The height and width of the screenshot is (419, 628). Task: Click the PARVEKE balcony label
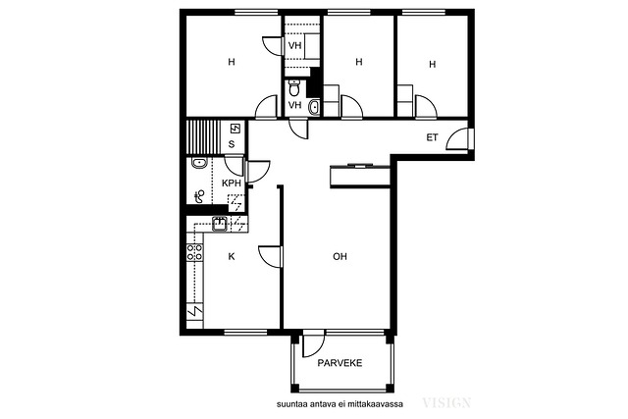coord(340,363)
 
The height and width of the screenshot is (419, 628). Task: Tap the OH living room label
coord(340,256)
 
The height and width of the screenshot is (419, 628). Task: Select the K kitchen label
coord(232,256)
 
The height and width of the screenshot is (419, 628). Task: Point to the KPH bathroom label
coord(232,183)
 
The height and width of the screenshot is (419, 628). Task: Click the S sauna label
coord(232,144)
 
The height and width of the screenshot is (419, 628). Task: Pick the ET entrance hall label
coord(432,137)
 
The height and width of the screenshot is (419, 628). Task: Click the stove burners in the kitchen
coord(195,252)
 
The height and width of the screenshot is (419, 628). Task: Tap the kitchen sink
coord(220,224)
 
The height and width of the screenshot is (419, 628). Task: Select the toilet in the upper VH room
coord(294,87)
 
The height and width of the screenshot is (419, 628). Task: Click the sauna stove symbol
coord(235,129)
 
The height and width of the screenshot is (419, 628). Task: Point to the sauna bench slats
coord(203,136)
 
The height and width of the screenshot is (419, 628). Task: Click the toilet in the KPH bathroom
coord(199,196)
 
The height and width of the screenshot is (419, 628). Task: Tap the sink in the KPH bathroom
coord(199,163)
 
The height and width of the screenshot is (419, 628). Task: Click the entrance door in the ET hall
coord(458,138)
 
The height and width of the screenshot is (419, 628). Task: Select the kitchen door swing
coord(270,256)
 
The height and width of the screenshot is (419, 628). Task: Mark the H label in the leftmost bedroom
coord(232,62)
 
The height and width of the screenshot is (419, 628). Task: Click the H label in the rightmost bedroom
coord(432,64)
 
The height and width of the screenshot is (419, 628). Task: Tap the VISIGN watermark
coord(446,402)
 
